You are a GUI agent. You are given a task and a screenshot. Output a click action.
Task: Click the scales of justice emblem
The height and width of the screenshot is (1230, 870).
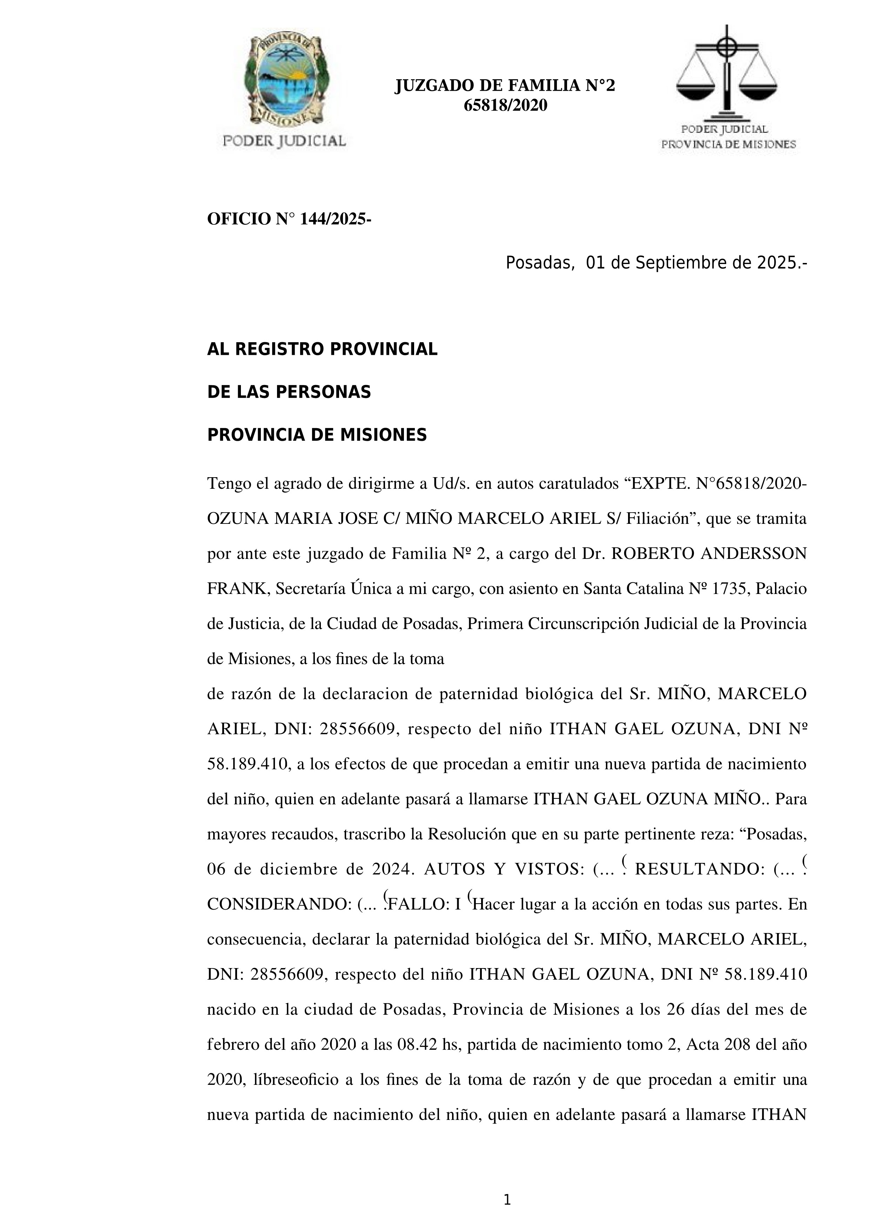click(x=727, y=72)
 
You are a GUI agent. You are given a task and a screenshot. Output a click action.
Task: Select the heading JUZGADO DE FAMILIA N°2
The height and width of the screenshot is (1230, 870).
click(x=505, y=86)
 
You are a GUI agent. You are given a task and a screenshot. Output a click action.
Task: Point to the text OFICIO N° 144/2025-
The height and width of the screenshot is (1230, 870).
click(x=289, y=219)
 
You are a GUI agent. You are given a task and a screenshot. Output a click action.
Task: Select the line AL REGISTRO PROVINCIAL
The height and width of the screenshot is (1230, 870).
click(x=322, y=349)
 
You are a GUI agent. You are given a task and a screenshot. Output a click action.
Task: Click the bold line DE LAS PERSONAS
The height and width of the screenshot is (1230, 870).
click(x=289, y=392)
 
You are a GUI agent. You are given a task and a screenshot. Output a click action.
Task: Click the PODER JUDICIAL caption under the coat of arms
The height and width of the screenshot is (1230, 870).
click(x=284, y=141)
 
